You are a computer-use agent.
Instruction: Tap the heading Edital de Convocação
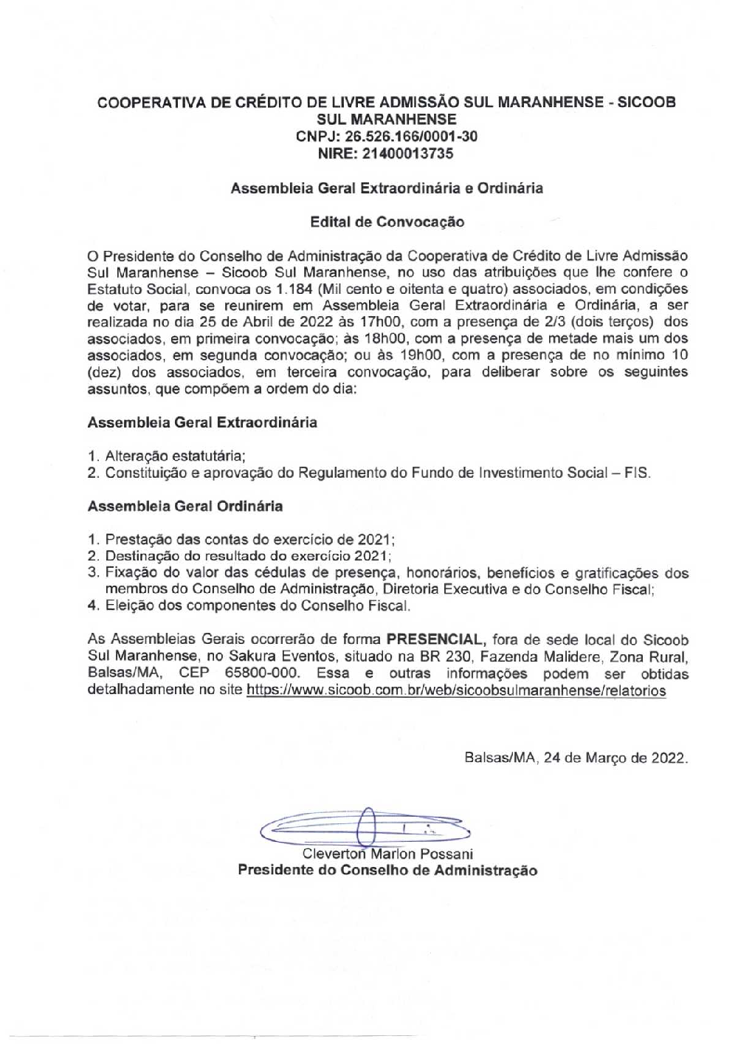[x=387, y=222]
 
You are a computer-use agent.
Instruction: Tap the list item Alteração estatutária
[x=175, y=456]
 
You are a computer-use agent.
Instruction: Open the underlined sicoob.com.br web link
[x=456, y=691]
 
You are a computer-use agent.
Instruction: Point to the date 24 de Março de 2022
[x=615, y=758]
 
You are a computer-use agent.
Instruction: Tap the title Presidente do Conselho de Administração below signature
[x=387, y=871]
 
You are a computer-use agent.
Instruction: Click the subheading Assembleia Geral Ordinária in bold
[x=184, y=507]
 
